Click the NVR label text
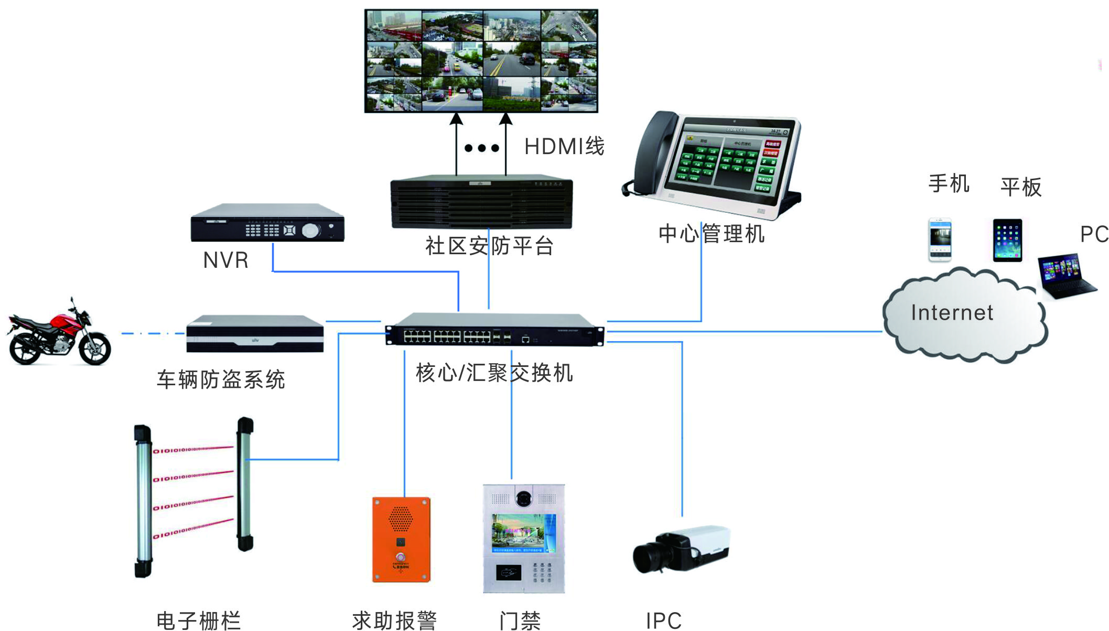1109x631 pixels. click(225, 260)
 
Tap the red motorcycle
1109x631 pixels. click(59, 333)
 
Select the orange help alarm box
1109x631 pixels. click(401, 539)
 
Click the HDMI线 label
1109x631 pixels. click(564, 147)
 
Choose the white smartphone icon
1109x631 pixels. click(940, 240)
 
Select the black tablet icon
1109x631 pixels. click(1007, 241)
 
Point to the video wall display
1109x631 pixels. click(481, 60)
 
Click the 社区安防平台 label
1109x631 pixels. click(489, 246)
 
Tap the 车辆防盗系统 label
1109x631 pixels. click(221, 379)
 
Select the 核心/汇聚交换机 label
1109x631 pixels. click(494, 373)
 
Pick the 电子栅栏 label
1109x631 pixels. click(199, 621)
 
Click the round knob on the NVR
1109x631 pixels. click(310, 230)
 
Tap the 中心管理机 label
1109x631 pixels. click(712, 234)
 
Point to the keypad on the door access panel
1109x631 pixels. click(542, 572)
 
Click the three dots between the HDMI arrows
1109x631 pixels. click(481, 148)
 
